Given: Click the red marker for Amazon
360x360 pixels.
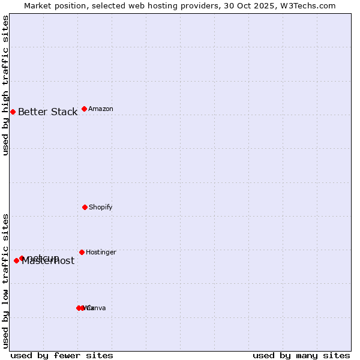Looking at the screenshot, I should coord(84,109).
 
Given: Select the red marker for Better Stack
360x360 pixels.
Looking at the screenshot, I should coord(13,112).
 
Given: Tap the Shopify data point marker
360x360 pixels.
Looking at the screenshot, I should coord(85,207).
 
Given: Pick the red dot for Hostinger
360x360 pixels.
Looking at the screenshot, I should coord(82,252).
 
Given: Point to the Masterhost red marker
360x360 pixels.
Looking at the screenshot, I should coord(16,260).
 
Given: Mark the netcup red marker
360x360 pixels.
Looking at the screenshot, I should coord(22,258).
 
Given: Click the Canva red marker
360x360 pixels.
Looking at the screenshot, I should coord(82,308).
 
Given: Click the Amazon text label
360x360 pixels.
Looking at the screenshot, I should coord(100,109).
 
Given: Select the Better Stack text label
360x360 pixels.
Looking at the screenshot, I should coord(47,112).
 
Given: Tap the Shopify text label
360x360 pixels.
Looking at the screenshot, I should coord(100,207).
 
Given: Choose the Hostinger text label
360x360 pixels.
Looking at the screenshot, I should coord(101,252).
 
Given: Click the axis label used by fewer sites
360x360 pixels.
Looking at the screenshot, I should coord(62,355).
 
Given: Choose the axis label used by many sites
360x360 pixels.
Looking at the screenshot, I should coord(301,355).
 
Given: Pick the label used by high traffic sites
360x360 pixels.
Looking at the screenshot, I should coord(6,85).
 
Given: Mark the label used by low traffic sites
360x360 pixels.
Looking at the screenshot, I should coord(6,280).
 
